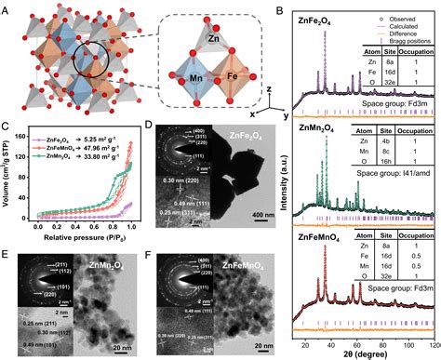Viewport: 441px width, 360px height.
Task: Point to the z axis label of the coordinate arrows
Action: click(268, 86)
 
